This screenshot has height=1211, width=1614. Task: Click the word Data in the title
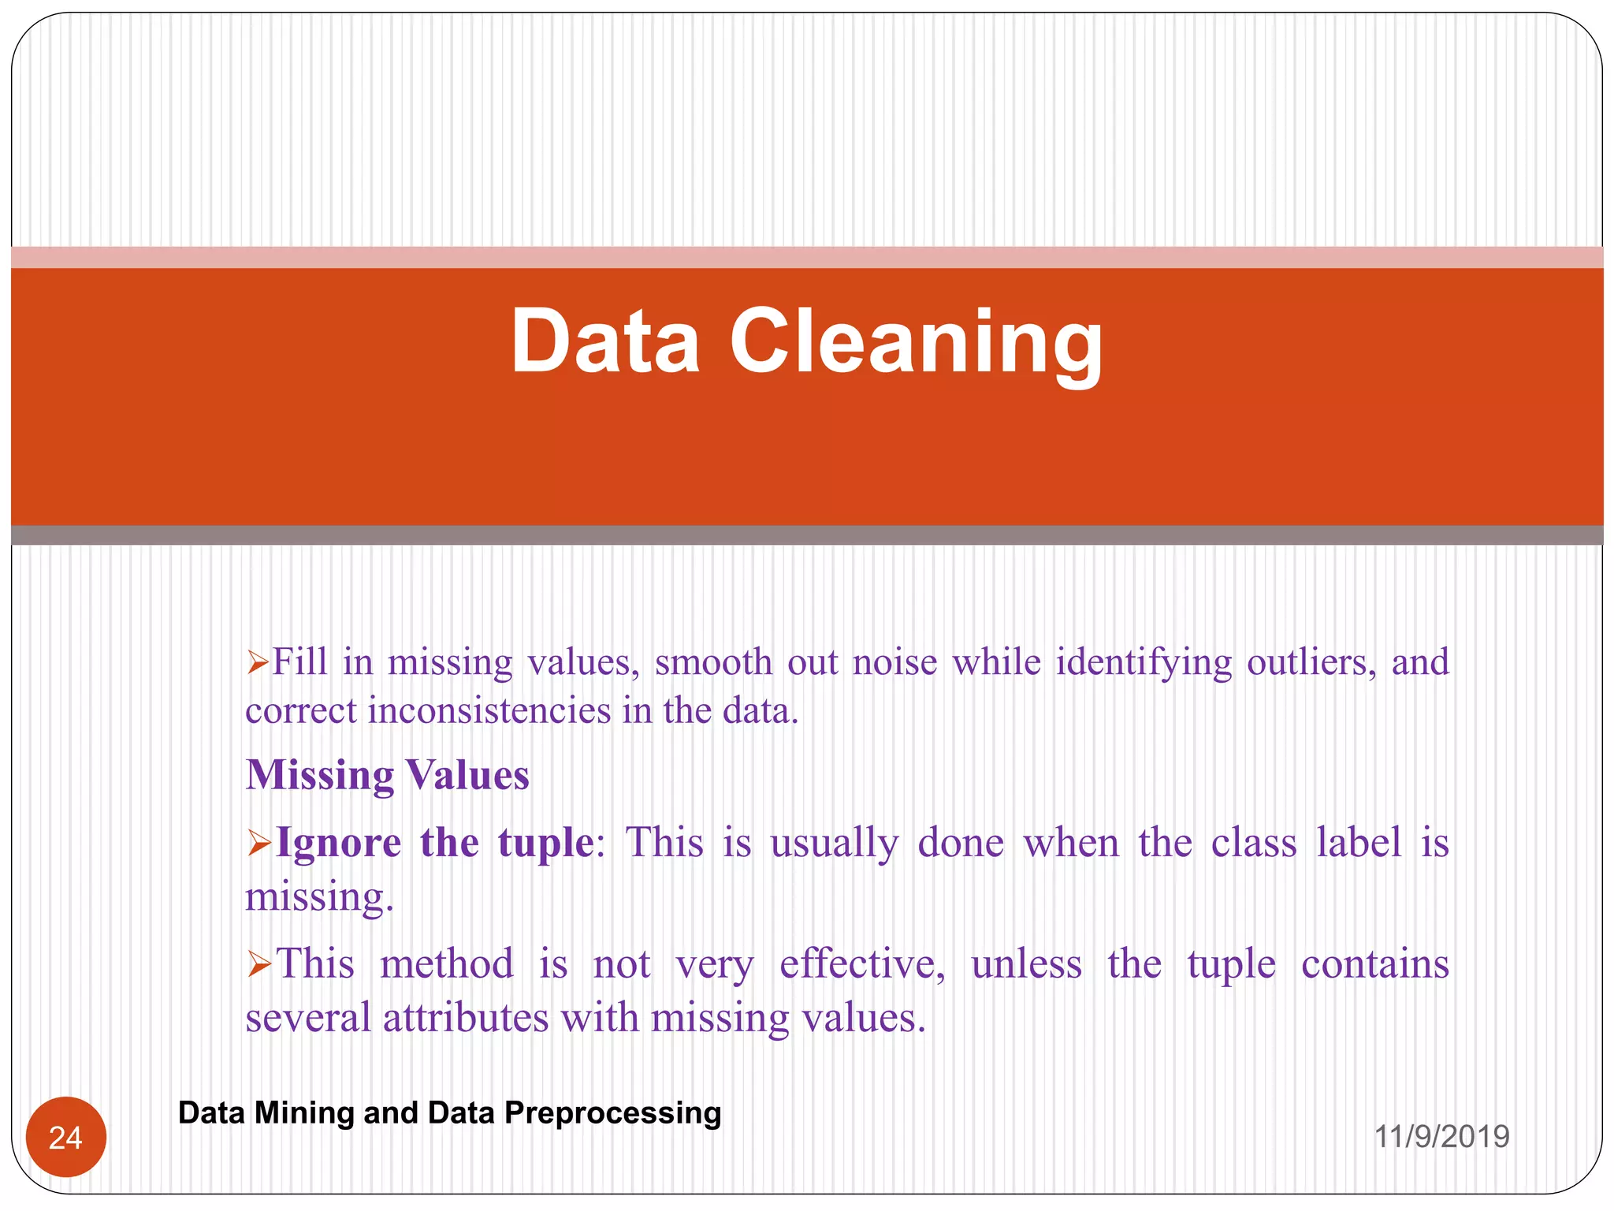(x=605, y=341)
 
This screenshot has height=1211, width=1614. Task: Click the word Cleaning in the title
(x=916, y=343)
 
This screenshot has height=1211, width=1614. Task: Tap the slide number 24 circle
(x=65, y=1137)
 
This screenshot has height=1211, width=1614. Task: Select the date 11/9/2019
(x=1441, y=1136)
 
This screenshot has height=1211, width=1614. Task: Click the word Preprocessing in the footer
(x=612, y=1112)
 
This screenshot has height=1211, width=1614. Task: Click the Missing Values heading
(x=387, y=774)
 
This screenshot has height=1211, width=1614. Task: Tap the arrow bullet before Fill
(x=258, y=662)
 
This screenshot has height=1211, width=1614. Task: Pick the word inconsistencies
(x=489, y=711)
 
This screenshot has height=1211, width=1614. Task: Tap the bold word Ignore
(x=338, y=842)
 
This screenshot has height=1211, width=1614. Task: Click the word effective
(x=861, y=963)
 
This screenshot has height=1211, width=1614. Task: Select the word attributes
(x=466, y=1017)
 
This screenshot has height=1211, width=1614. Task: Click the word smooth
(x=713, y=661)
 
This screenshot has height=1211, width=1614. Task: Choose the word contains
(x=1374, y=963)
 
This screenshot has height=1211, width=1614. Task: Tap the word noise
(x=894, y=661)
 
